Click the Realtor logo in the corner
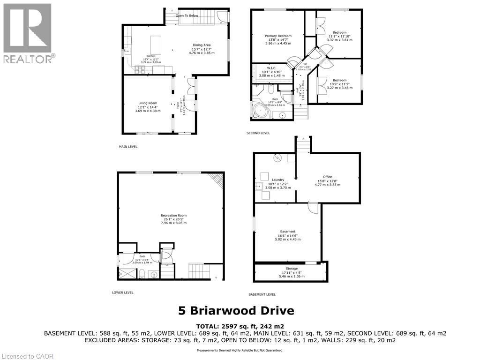click(28, 33)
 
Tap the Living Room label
click(148, 103)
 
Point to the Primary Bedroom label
click(278, 36)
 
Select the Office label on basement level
click(327, 177)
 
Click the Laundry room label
click(278, 180)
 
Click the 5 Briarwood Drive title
click(236, 310)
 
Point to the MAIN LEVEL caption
click(128, 147)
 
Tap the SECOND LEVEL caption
click(258, 133)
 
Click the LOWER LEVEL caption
click(123, 292)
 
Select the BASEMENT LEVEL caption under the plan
click(262, 294)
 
